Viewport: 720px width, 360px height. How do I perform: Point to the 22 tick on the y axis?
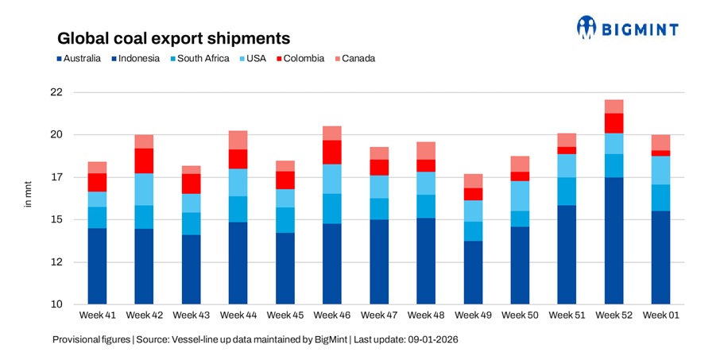56,92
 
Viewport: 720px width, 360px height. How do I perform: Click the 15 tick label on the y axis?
56,219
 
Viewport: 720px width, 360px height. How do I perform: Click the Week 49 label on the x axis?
474,315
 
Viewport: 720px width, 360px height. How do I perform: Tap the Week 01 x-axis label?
661,315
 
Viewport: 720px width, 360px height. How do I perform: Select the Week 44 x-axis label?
238,315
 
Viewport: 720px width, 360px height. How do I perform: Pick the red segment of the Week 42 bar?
144,161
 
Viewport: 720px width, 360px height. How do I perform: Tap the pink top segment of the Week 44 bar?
238,140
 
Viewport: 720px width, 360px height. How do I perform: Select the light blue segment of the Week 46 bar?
332,179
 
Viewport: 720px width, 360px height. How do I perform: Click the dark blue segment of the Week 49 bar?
474,273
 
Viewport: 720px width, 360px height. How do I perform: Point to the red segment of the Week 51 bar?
567,150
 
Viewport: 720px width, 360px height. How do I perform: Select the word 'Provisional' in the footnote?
75,339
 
